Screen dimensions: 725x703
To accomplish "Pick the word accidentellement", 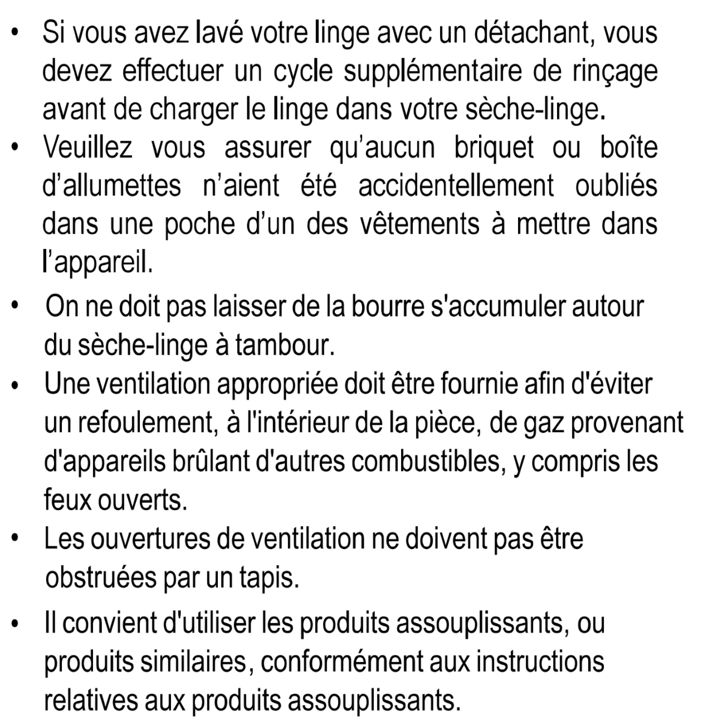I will [x=456, y=186].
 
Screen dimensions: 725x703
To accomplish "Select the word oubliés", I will [x=616, y=186].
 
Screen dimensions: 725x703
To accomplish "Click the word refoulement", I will [x=146, y=423].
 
